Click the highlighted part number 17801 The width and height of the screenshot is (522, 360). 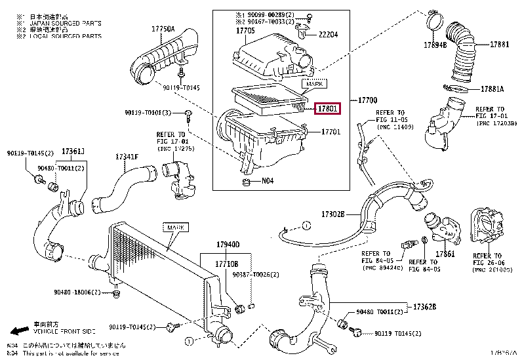pos(328,108)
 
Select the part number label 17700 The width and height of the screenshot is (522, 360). pos(367,100)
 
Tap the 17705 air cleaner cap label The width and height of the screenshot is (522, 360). pos(245,30)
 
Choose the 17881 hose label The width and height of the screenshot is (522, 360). pos(500,45)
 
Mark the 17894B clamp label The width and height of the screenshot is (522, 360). pos(435,45)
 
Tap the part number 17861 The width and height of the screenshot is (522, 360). pos(445,254)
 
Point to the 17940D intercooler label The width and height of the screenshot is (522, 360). pos(229,245)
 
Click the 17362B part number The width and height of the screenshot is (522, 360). pos(424,306)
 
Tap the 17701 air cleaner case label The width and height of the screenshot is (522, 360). pos(331,132)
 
